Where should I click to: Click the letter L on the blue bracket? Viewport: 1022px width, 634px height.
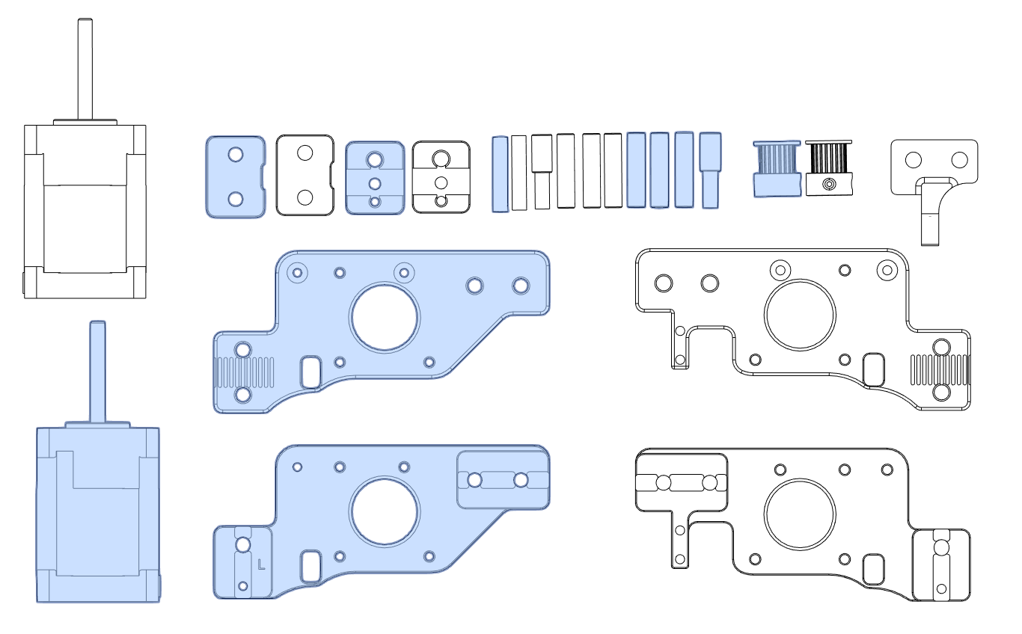261,564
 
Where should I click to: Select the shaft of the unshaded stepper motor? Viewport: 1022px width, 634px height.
85,69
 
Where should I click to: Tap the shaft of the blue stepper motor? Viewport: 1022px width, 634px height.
98,372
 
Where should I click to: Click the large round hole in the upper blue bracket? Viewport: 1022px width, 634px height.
384,317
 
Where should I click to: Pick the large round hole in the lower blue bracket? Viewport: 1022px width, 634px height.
384,511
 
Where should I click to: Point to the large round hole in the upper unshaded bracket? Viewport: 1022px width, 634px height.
800,315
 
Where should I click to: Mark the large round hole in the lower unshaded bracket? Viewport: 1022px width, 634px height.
800,514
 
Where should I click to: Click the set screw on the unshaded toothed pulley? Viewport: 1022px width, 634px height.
829,184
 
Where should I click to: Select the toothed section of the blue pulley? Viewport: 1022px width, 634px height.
777,159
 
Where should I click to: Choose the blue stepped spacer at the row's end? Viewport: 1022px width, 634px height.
710,170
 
